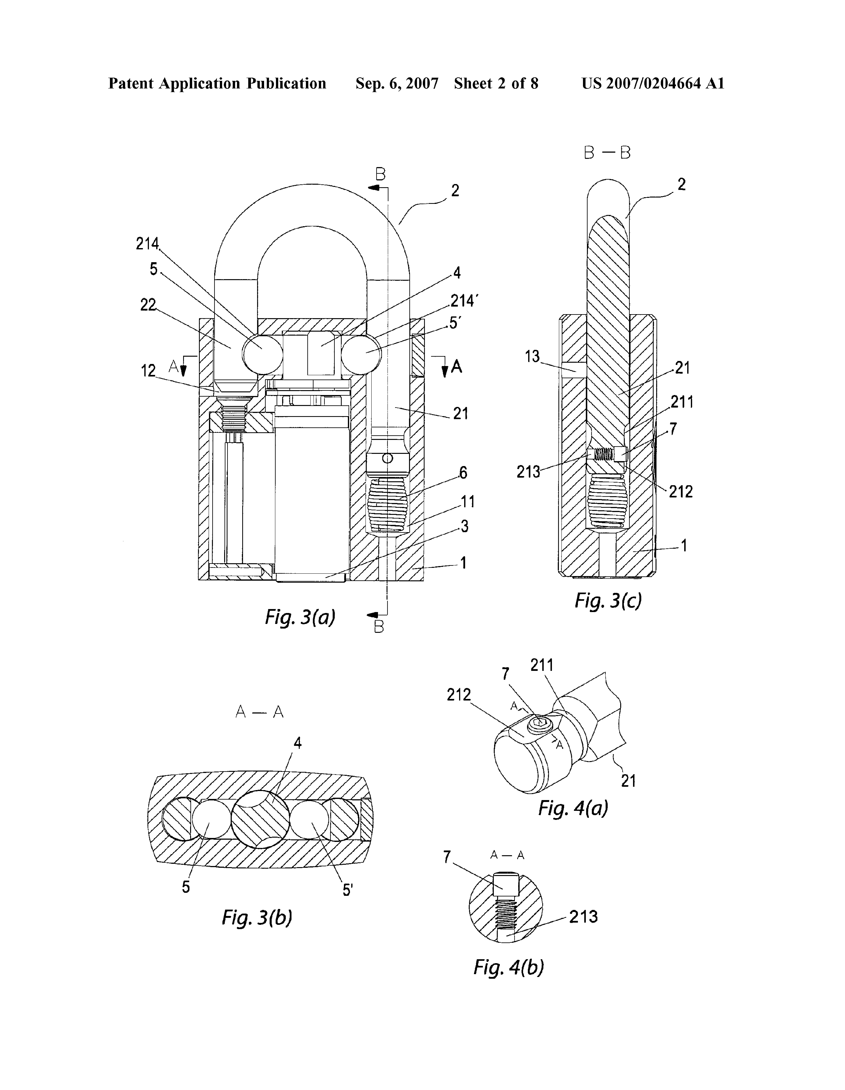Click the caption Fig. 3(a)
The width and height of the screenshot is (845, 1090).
(300, 617)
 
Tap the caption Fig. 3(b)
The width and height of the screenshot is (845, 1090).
(257, 917)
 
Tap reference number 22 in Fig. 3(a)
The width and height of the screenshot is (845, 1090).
(148, 305)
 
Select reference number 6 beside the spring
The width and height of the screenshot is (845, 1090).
(463, 473)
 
